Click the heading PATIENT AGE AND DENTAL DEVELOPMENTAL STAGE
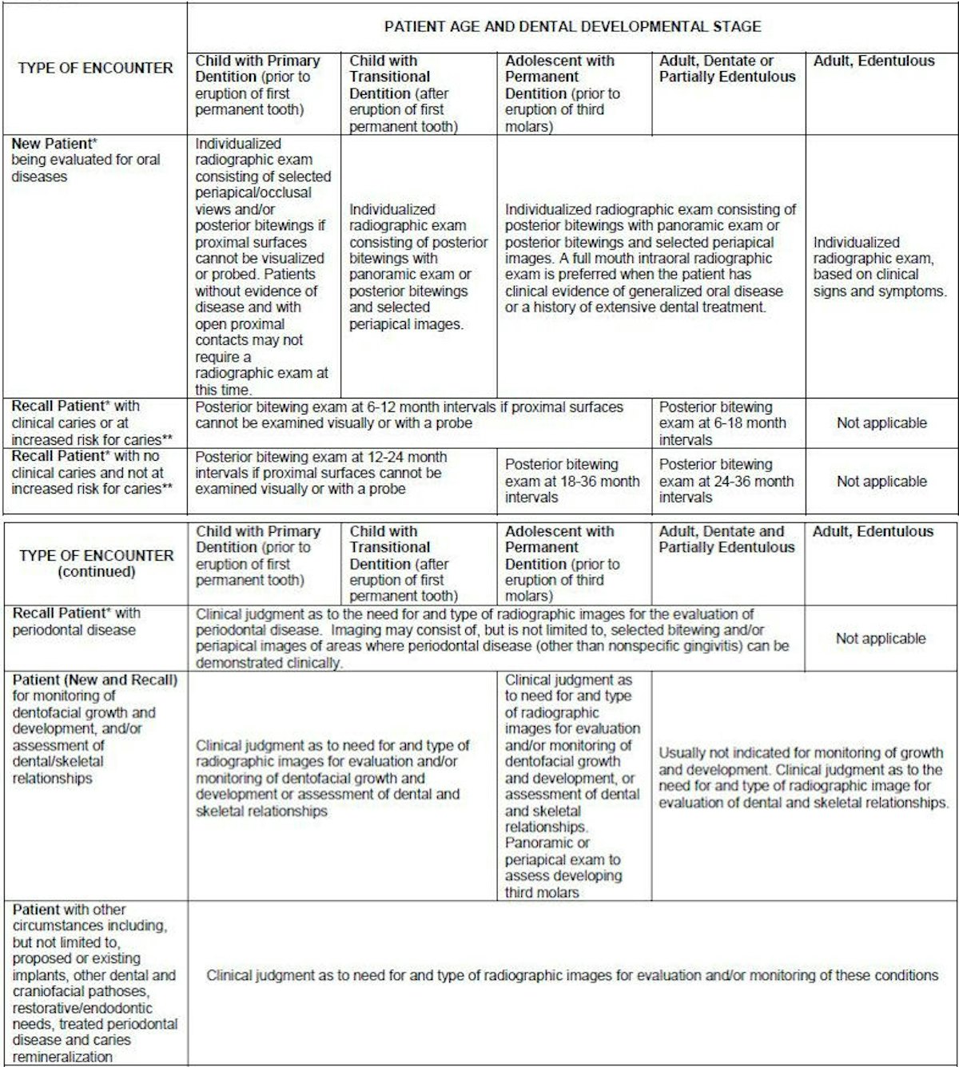tap(572, 26)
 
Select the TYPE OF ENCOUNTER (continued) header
tap(96, 563)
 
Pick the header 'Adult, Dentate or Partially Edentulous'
tap(727, 69)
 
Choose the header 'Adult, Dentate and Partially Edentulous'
tap(726, 539)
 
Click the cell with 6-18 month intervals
tap(722, 423)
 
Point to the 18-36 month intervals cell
tap(572, 481)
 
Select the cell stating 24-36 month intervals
tap(726, 481)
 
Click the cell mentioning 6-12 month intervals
tap(409, 415)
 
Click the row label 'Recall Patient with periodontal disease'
tap(76, 621)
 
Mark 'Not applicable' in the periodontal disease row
tap(881, 638)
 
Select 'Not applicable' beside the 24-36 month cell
tap(881, 482)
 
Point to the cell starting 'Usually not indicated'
tap(803, 777)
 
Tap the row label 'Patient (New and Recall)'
tap(95, 680)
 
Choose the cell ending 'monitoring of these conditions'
tap(572, 975)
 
